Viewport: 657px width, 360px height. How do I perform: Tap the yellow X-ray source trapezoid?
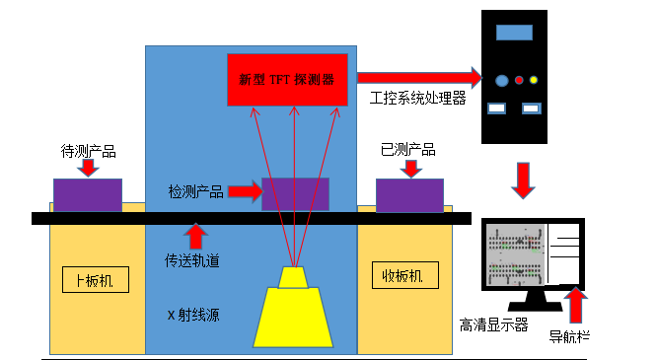pos(297,316)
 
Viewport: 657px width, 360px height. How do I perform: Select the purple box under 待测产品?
pos(88,195)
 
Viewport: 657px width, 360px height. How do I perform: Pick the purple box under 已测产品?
pos(409,195)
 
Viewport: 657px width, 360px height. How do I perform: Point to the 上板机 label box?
pos(95,279)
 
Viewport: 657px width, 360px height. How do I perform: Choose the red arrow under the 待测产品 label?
pos(88,167)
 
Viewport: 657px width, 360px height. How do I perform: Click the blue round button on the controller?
pos(501,80)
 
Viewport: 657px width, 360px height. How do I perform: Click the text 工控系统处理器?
pos(417,98)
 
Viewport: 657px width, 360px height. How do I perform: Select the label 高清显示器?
pos(493,324)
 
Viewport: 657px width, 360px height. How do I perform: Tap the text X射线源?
pos(192,317)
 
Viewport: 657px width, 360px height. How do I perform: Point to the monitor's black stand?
pos(536,299)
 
